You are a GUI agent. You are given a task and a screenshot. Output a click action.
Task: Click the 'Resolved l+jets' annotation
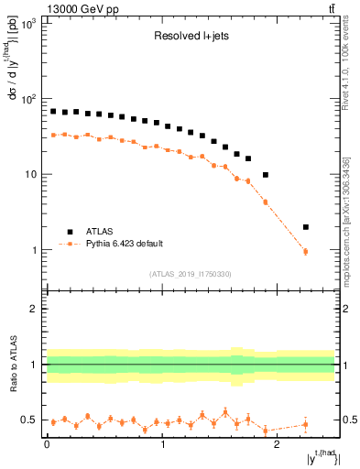click(x=191, y=38)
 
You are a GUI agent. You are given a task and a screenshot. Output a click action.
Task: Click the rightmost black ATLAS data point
click(x=306, y=226)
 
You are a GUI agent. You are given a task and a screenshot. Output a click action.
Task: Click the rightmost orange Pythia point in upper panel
click(x=306, y=251)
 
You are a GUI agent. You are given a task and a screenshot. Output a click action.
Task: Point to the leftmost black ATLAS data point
click(x=53, y=111)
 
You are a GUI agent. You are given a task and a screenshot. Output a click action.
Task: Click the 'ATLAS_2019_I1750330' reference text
click(x=191, y=274)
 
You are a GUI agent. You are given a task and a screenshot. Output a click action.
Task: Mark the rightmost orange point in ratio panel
click(x=306, y=424)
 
